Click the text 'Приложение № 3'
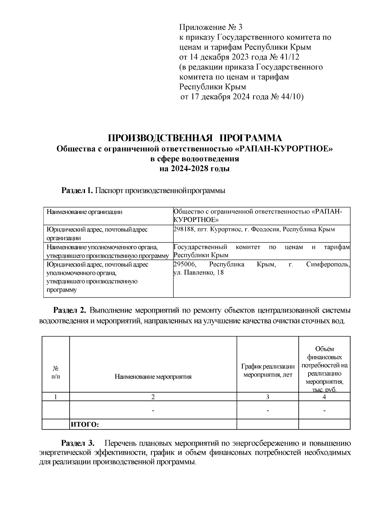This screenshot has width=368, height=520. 211,28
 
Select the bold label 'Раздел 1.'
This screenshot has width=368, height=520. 77,191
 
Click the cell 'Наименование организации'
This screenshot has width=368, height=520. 84,212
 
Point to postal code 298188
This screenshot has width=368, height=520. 183,229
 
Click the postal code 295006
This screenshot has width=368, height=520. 184,264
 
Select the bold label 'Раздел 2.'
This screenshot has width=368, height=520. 70,310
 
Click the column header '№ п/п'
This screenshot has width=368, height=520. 56,372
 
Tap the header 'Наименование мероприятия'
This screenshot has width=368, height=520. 153,377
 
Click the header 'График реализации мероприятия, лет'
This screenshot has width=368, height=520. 268,370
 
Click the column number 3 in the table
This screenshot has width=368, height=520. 268,397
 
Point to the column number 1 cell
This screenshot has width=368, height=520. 56,397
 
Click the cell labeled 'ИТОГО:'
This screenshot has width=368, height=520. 85,425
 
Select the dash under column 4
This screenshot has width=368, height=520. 324,411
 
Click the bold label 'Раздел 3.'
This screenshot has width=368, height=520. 78,443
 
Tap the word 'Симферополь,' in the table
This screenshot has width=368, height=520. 328,264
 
